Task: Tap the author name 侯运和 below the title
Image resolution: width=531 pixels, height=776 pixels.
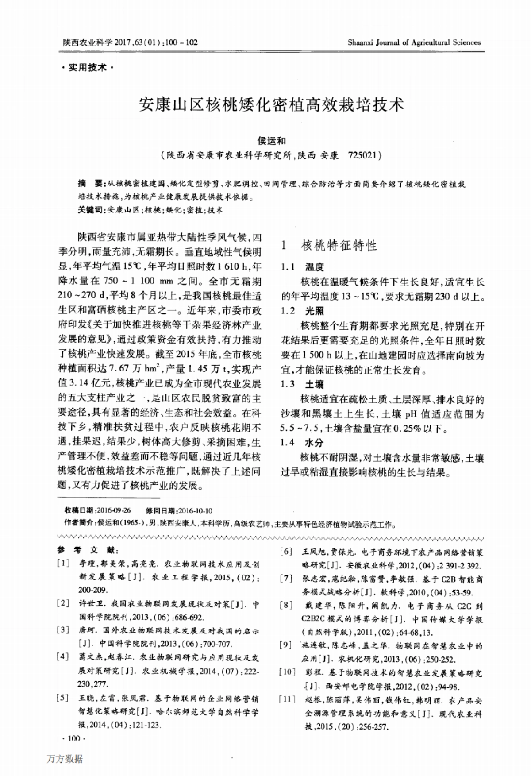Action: point(272,141)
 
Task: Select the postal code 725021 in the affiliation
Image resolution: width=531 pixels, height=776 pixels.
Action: point(362,156)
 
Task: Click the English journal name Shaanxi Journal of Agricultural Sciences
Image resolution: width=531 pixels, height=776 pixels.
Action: point(414,43)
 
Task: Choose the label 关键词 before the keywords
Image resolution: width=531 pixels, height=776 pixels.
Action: point(90,210)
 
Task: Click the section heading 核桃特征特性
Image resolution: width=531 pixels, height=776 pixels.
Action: point(339,246)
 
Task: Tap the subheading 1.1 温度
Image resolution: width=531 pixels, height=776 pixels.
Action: point(303,267)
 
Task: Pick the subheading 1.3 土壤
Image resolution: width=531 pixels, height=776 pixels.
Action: point(303,384)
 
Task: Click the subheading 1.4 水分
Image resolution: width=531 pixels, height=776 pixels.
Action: point(303,442)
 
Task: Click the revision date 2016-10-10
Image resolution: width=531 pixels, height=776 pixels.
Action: point(195,510)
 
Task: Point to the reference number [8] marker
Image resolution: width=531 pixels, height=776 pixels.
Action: point(287,605)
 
